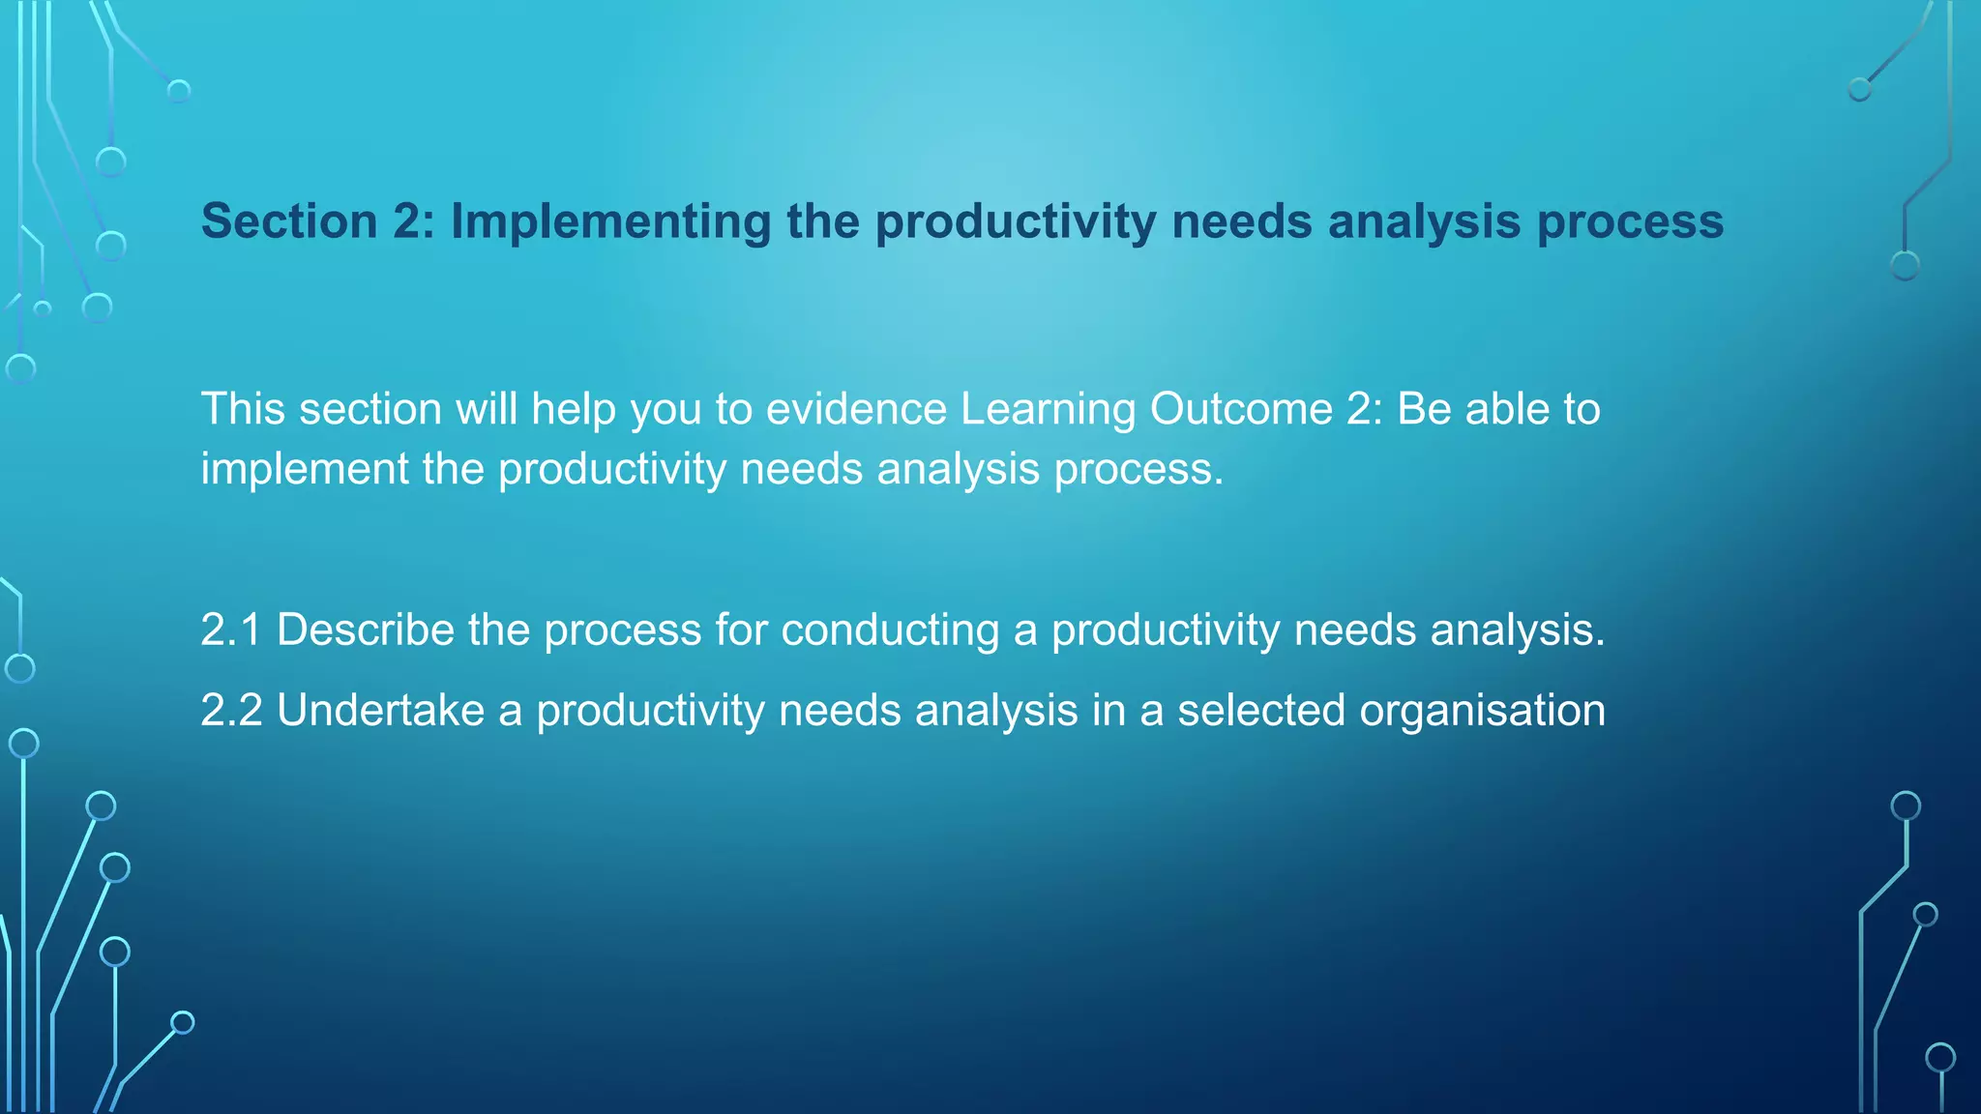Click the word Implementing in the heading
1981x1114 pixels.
(x=610, y=221)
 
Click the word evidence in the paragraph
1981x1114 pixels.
(x=855, y=409)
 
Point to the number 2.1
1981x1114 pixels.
(x=231, y=630)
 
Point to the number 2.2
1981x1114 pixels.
(x=231, y=711)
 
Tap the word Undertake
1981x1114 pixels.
(x=380, y=711)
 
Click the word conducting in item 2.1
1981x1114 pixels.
(x=890, y=630)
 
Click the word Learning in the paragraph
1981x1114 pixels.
(x=1048, y=409)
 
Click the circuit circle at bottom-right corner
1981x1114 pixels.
(x=1940, y=1057)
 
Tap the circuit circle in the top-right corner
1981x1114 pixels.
(x=1859, y=90)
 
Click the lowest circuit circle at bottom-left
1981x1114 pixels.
(x=182, y=1022)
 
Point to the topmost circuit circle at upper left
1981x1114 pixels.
(x=179, y=92)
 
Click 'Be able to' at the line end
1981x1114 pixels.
(x=1498, y=409)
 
